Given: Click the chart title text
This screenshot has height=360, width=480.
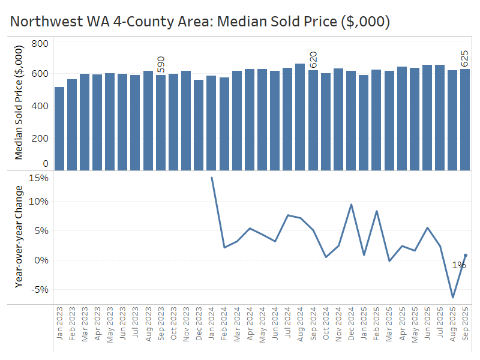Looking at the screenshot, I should click(200, 22).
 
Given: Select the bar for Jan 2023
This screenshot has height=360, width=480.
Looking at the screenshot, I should click(59, 128).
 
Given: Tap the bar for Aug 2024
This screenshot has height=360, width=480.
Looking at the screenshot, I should click(300, 116).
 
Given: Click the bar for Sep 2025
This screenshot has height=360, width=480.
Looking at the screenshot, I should click(465, 119).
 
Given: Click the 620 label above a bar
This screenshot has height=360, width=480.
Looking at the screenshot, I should click(313, 59).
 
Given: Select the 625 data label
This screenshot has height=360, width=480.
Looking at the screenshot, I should click(465, 59).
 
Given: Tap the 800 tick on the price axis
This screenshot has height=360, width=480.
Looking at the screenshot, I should click(40, 44).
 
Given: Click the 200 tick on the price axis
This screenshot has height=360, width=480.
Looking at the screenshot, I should click(40, 138).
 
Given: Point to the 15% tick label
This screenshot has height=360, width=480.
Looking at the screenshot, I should click(39, 178).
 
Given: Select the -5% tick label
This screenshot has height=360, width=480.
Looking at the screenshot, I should click(39, 290).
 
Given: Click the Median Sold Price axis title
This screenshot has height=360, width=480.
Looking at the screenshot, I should click(19, 104).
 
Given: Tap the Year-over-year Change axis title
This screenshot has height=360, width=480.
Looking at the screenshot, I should click(19, 237).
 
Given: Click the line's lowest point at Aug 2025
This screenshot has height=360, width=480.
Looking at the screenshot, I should click(452, 297).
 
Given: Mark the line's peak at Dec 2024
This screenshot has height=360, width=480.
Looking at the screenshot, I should click(351, 205).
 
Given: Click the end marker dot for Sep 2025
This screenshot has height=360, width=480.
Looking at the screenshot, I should click(466, 256).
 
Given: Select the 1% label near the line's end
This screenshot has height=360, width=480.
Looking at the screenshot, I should click(458, 265).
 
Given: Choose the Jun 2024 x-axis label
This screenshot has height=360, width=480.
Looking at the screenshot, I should click(275, 324).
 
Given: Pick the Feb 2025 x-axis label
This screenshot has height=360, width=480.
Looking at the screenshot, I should click(376, 324).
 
